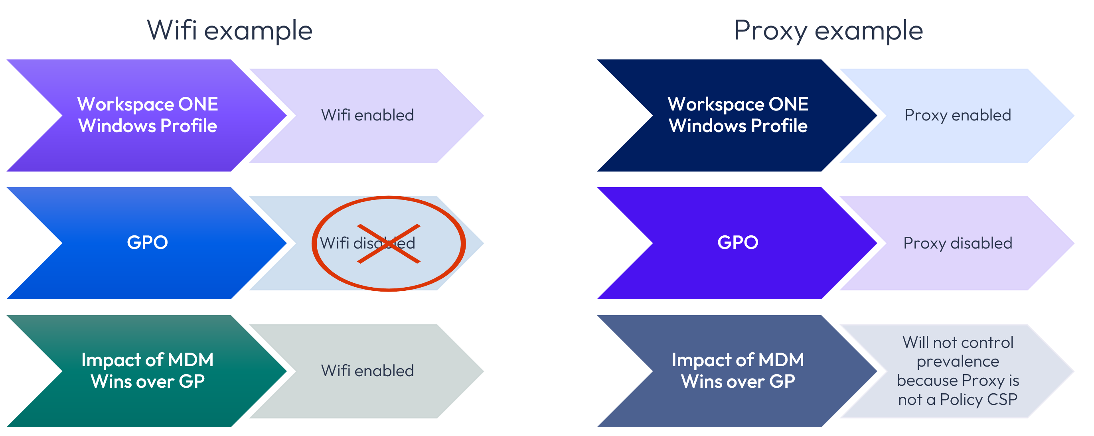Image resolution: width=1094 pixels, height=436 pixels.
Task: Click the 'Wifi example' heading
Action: (229, 31)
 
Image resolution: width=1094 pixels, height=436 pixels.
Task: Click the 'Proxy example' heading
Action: (828, 31)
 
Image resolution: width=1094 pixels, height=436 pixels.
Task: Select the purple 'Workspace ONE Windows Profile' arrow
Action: (147, 115)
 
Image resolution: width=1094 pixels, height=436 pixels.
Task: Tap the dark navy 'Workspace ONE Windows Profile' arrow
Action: (738, 115)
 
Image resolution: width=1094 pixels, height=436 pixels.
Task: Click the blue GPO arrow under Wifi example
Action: (147, 243)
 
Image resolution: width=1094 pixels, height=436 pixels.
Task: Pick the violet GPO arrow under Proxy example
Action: (738, 243)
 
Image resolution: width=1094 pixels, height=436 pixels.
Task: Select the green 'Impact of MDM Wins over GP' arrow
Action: (147, 371)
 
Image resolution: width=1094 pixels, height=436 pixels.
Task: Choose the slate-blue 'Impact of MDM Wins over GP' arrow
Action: (738, 371)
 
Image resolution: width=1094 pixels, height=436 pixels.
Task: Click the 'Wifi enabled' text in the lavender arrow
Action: (367, 115)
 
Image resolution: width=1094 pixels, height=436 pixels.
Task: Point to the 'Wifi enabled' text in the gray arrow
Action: (367, 371)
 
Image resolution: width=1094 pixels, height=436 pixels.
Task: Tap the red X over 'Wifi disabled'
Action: (389, 244)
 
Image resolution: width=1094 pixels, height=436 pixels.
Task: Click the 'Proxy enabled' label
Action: (958, 115)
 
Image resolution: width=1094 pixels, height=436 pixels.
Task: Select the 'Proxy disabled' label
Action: (958, 243)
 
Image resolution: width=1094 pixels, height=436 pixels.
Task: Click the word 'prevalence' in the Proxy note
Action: (958, 361)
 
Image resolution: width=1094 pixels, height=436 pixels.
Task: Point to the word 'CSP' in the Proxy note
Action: (1002, 399)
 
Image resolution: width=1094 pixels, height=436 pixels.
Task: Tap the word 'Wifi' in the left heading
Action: (172, 31)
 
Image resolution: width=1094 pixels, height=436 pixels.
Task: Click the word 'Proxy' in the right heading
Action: (770, 31)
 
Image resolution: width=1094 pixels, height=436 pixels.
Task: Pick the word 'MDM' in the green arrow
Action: (191, 360)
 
